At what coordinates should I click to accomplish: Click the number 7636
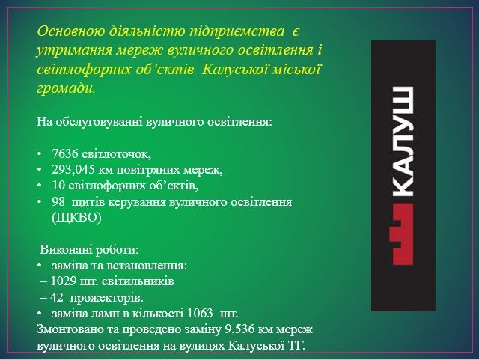[65, 153]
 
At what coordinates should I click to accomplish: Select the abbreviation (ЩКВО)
[76, 218]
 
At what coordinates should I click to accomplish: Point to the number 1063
[200, 314]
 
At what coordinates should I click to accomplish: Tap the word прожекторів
[106, 298]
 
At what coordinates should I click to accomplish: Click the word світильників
[138, 281]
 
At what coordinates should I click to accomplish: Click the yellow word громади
[66, 88]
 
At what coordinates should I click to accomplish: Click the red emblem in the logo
[403, 234]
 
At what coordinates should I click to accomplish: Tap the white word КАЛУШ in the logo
[403, 141]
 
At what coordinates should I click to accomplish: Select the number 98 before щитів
[58, 202]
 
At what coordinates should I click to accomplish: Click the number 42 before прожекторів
[57, 298]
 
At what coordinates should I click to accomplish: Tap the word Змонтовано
[72, 329]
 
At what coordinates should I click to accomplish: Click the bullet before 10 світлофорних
[40, 186]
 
